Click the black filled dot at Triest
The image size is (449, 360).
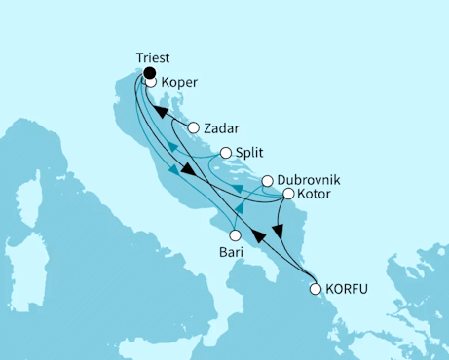pyautogui.click(x=149, y=71)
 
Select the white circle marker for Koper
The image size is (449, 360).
pyautogui.click(x=152, y=83)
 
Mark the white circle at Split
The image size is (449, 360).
pyautogui.click(x=226, y=153)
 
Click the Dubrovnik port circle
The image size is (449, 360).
pyautogui.click(x=267, y=181)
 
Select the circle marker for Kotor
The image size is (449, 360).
pyautogui.click(x=288, y=195)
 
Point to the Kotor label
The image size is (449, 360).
pyautogui.click(x=316, y=195)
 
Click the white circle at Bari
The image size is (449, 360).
pyautogui.click(x=235, y=234)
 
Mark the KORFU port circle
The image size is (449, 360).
pyautogui.click(x=315, y=288)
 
